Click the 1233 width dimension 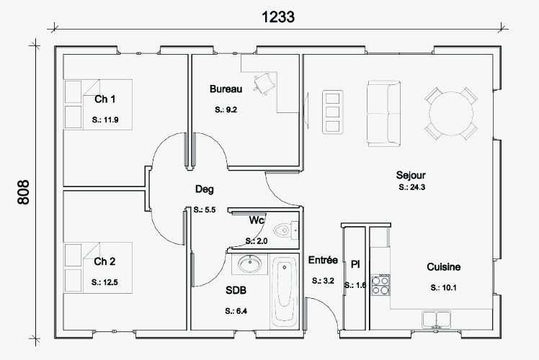click(278, 17)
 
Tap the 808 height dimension click(24, 192)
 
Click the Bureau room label click(226, 89)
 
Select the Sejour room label click(411, 175)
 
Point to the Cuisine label click(443, 267)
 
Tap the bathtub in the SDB click(284, 292)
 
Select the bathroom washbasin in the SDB click(249, 264)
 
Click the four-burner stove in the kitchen click(380, 285)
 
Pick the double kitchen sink click(436, 320)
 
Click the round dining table click(451, 113)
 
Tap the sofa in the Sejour click(383, 114)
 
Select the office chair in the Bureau click(264, 83)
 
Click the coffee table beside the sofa click(332, 112)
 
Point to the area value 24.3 click(411, 187)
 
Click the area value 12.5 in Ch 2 click(104, 282)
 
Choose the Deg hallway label click(204, 189)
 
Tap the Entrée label click(323, 260)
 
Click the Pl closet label click(355, 264)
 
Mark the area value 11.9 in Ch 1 click(105, 120)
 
